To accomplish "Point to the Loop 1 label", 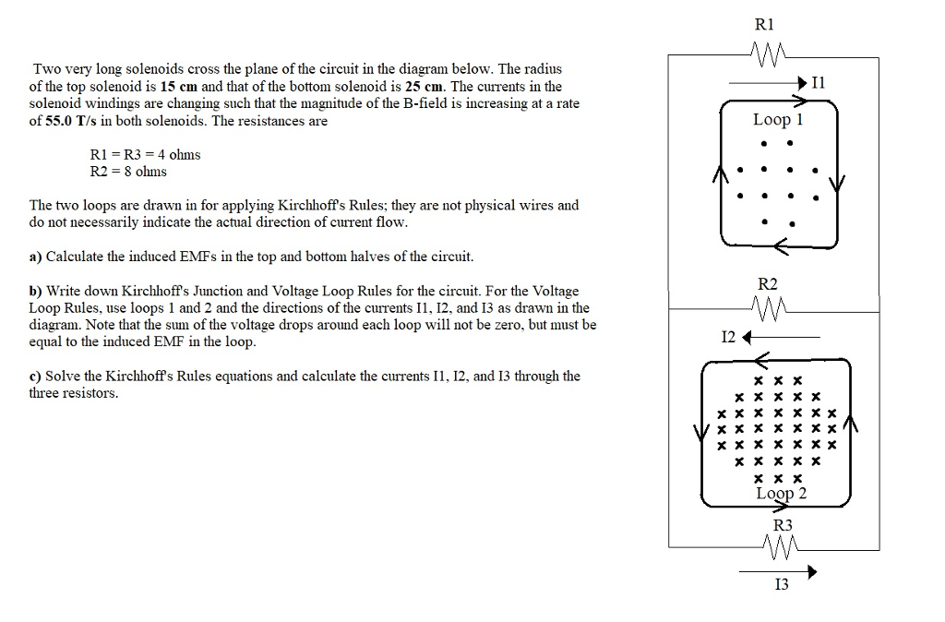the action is coord(778,119).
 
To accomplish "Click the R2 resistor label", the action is coord(767,284).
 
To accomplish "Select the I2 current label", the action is coord(729,337).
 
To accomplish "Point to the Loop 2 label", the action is coord(781,493).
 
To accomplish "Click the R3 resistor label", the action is coord(782,525).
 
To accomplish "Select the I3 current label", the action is coord(781,585).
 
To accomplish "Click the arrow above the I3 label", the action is coord(778,571).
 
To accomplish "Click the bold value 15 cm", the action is coord(176,86).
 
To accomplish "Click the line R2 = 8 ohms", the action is coord(128,172).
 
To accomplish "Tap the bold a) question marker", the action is coord(36,256).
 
